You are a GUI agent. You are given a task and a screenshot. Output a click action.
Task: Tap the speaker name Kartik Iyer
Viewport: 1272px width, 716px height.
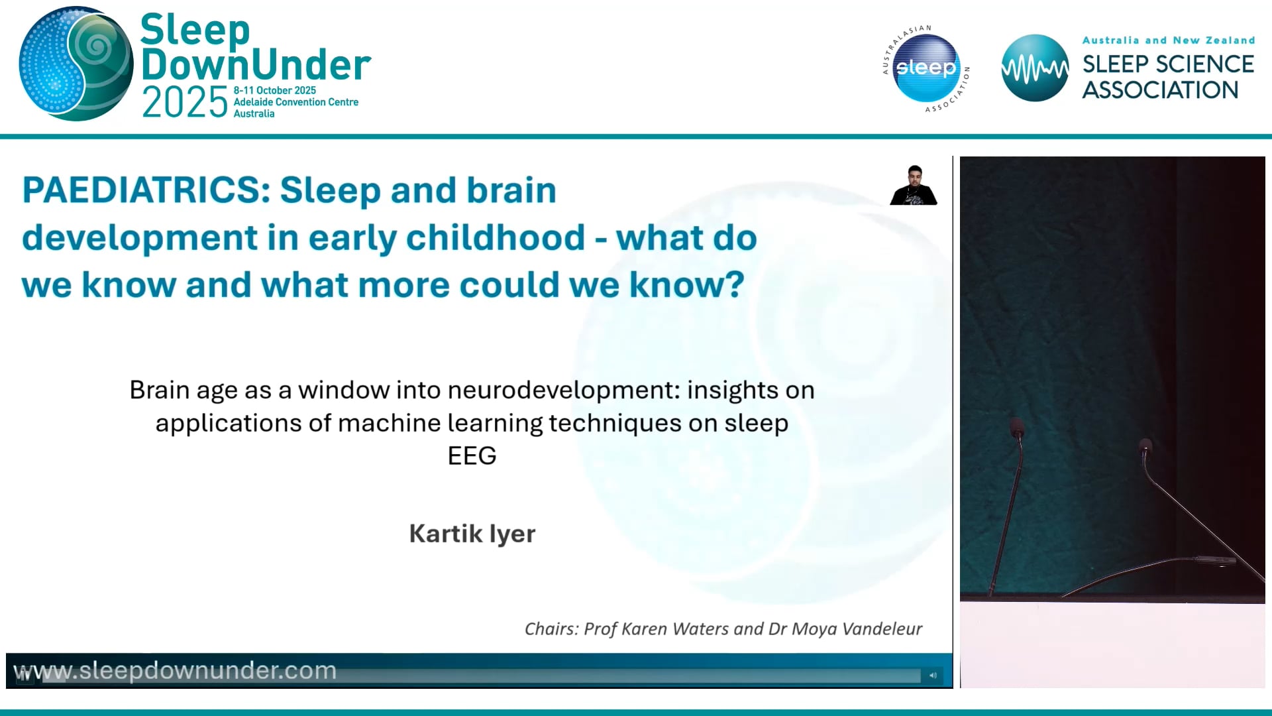click(x=472, y=534)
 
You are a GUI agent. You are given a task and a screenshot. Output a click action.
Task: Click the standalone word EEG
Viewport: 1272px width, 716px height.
click(x=472, y=456)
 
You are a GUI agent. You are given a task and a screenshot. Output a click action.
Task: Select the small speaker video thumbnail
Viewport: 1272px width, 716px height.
click(x=914, y=186)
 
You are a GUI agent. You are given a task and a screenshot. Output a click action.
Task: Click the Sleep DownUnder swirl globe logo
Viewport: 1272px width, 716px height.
click(x=76, y=64)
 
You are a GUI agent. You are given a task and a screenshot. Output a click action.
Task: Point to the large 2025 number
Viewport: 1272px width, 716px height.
click(x=184, y=103)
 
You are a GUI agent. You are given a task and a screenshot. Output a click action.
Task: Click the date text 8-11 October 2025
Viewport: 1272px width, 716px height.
click(x=274, y=90)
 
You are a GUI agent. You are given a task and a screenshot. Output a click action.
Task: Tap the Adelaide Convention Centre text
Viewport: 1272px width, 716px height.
click(x=295, y=102)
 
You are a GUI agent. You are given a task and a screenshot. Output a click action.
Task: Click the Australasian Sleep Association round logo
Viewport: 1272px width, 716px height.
click(x=926, y=68)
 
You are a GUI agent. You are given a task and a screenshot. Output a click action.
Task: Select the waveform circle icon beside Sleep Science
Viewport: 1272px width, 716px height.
click(x=1034, y=68)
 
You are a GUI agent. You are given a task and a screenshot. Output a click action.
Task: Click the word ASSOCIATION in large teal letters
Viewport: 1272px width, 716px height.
click(x=1160, y=90)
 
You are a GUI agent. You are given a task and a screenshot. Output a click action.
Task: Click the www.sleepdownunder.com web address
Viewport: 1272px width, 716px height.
click(x=176, y=671)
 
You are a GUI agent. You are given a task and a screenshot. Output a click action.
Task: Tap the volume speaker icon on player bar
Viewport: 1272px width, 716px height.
click(x=933, y=675)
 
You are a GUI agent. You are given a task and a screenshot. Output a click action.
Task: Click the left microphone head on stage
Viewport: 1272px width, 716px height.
click(x=1016, y=428)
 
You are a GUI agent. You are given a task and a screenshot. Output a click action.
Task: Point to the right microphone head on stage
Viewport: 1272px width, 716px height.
click(x=1145, y=446)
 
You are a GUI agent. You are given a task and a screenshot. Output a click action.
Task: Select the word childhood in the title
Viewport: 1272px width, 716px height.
click(x=496, y=238)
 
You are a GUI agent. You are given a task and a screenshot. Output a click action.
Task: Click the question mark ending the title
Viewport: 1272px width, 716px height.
click(x=736, y=285)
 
